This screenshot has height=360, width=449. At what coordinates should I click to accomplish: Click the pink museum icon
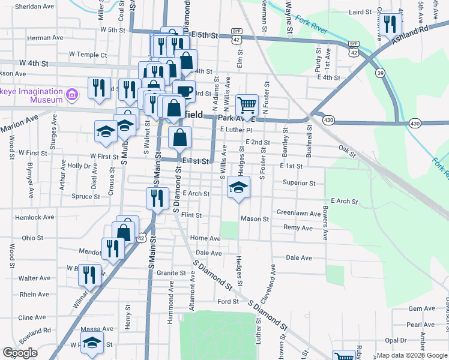tap(72, 94)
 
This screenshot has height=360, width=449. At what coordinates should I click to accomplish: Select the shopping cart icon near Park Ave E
tap(247, 106)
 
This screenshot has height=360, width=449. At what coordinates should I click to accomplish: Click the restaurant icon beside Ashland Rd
tap(391, 25)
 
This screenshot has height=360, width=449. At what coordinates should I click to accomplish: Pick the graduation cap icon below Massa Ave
tap(92, 343)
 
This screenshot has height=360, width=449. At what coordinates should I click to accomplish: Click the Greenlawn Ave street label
tap(299, 212)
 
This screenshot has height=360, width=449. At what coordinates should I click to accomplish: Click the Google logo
tap(20, 353)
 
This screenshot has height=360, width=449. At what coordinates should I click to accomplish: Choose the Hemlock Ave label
tap(34, 217)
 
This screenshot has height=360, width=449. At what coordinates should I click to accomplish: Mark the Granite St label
tap(172, 273)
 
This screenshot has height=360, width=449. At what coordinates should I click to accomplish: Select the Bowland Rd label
tap(34, 331)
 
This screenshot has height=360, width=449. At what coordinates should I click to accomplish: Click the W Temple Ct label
tap(88, 55)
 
